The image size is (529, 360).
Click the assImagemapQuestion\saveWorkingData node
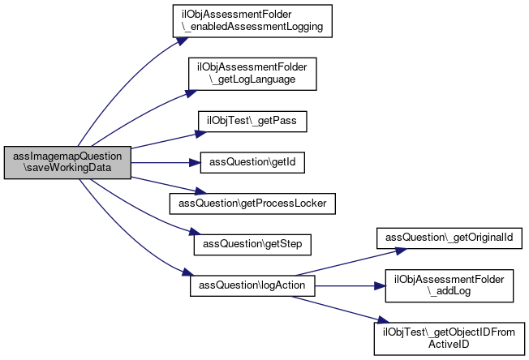click(67, 162)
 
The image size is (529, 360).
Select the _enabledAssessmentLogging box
click(252, 21)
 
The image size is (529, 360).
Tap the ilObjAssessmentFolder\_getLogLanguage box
click(252, 74)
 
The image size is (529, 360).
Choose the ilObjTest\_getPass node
click(252, 122)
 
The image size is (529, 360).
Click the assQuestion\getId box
click(252, 163)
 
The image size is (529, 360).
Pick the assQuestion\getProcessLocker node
click(252, 204)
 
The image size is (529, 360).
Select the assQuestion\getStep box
click(252, 245)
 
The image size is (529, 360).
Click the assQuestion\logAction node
click(252, 286)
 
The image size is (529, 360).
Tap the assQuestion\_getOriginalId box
click(449, 238)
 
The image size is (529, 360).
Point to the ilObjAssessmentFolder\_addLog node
click(449, 286)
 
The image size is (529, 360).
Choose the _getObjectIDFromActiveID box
click(449, 339)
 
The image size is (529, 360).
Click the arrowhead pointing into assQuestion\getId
click(195, 163)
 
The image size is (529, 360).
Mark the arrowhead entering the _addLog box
click(380, 286)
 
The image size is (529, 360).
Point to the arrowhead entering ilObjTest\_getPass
click(201, 134)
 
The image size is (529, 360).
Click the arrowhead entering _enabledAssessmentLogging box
click(183, 41)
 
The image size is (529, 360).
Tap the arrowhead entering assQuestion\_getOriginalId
click(401, 251)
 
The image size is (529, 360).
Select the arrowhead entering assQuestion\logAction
click(188, 272)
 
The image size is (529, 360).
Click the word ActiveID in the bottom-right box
click(449, 345)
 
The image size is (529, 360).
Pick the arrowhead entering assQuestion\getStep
click(195, 232)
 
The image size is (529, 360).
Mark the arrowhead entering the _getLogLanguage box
click(191, 93)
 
